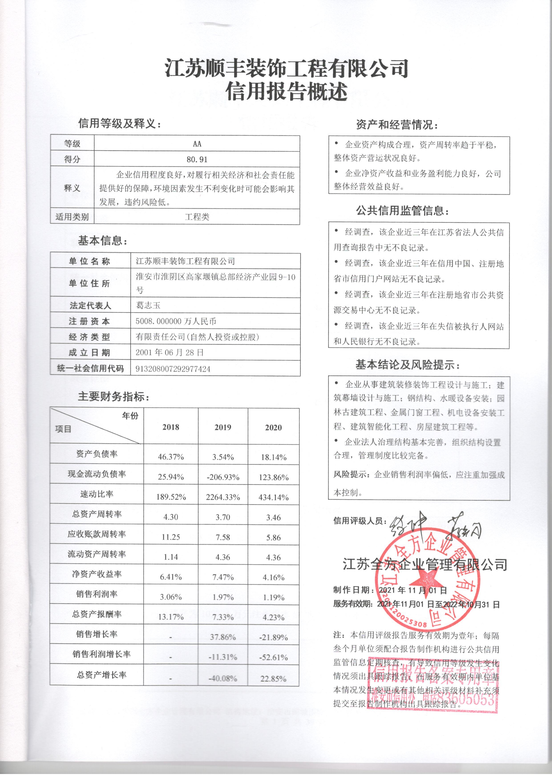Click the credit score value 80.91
[197, 159]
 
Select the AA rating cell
[197, 144]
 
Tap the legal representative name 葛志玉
[148, 305]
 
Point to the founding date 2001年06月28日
[170, 353]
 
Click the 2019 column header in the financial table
[223, 427]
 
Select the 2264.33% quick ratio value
[223, 497]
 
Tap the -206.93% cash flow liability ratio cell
[223, 477]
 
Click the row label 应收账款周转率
[97, 534]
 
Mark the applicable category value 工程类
[197, 217]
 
